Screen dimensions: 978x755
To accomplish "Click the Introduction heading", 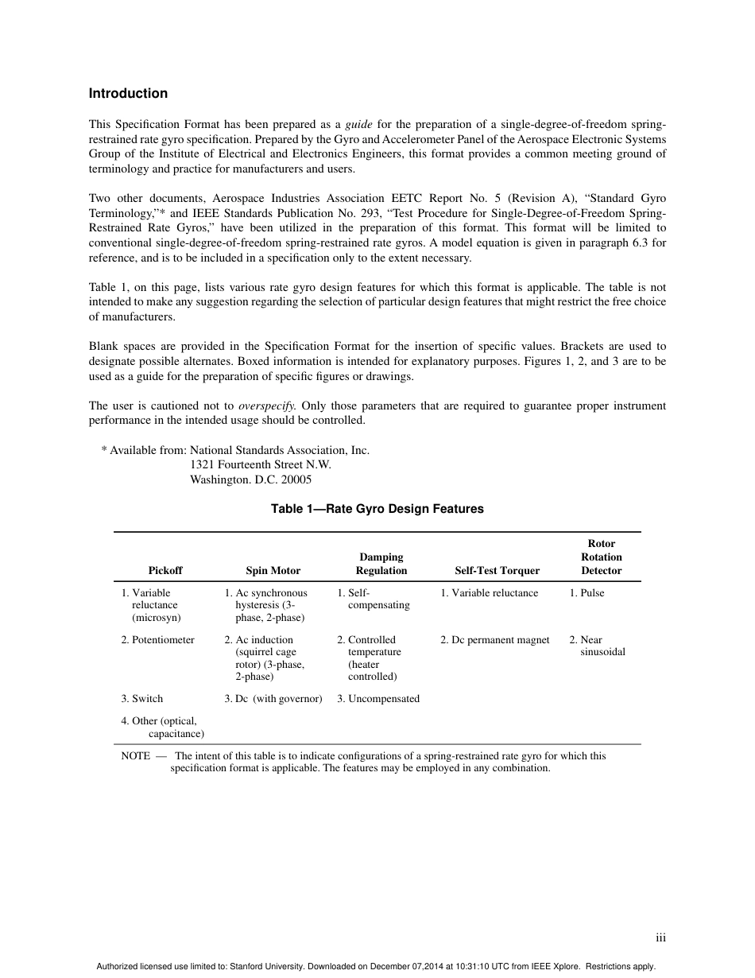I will point(128,93).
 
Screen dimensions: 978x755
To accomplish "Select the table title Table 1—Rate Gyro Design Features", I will point(377,508).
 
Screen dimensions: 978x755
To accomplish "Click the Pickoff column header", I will point(165,570).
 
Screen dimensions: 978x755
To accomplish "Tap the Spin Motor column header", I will point(273,570).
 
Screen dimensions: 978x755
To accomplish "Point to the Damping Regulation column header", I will point(381,564).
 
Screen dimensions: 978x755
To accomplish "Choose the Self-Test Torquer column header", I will point(497,570).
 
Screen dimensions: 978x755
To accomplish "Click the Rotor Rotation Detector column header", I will point(601,557).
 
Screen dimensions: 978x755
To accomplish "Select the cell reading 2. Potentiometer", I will point(157,639).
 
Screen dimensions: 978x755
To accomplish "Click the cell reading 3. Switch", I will point(141,698).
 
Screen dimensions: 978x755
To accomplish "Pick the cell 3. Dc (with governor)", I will point(273,698).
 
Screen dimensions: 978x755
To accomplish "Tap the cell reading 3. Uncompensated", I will point(377,698).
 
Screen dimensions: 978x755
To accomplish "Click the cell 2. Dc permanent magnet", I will point(494,639).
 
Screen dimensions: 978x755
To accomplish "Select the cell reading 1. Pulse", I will point(587,592).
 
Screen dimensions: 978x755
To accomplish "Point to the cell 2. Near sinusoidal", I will point(598,646).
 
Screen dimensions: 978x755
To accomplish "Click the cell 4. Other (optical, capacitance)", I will point(163,727).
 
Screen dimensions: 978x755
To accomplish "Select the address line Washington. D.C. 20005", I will point(250,479).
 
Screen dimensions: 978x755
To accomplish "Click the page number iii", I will point(660,937).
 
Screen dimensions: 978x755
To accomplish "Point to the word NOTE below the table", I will point(135,755).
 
